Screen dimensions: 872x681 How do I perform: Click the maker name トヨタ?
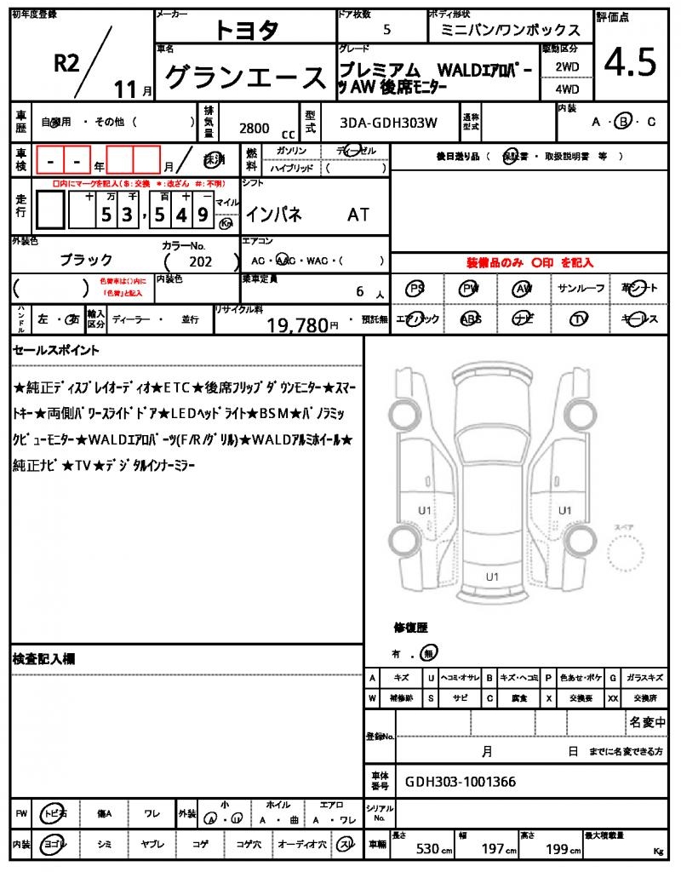click(245, 31)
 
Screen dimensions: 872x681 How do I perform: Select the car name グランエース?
click(245, 77)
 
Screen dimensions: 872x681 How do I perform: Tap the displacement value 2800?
click(254, 128)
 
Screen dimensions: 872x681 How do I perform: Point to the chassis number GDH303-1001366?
click(460, 782)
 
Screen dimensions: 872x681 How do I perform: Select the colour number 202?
click(201, 261)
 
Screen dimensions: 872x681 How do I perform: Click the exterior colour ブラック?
click(86, 260)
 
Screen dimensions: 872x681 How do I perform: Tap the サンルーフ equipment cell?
click(581, 289)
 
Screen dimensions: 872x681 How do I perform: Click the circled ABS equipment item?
click(471, 319)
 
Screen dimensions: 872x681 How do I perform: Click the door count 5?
click(387, 30)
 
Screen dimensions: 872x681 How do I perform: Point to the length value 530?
click(427, 849)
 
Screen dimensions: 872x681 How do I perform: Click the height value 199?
click(557, 849)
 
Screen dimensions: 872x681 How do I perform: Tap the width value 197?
click(492, 849)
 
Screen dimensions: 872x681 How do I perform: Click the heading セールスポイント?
click(56, 350)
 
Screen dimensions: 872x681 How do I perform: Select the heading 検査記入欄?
click(43, 659)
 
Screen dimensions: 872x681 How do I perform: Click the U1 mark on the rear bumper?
click(492, 577)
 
